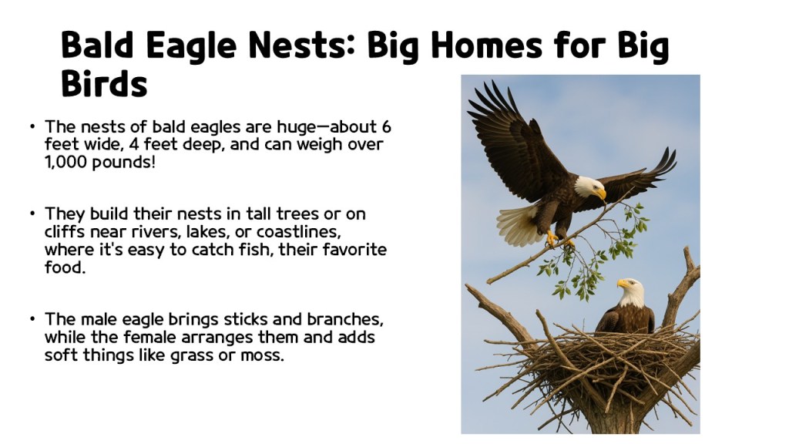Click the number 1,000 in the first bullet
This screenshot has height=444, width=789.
[x=65, y=163]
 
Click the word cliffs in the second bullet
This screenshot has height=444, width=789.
[x=67, y=231]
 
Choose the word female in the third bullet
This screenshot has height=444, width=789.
[x=164, y=337]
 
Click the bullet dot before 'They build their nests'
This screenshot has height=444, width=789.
[x=33, y=213]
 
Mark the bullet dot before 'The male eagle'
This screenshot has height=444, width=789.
[x=33, y=318]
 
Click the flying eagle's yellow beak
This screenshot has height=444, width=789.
[x=600, y=193]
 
